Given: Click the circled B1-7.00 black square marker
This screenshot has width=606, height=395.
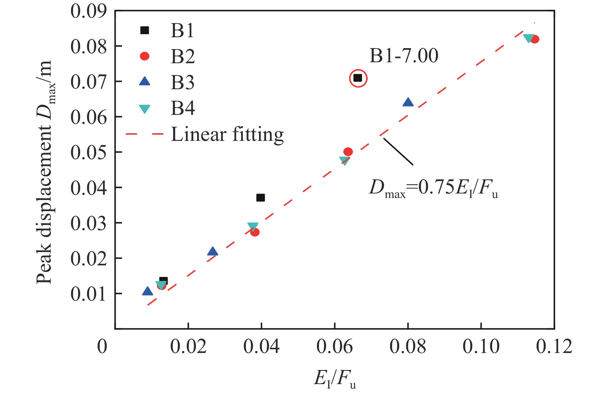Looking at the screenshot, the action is click(358, 78).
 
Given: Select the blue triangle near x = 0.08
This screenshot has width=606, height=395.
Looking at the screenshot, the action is click(408, 102).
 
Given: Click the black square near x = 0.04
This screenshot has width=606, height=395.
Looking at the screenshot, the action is click(261, 198).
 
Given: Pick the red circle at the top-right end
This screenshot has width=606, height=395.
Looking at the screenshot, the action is click(534, 39).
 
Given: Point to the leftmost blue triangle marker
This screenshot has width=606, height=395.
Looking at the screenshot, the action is click(147, 291).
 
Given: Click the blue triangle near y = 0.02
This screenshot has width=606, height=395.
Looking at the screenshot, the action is click(213, 252).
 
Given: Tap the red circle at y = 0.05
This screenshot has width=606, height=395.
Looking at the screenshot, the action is click(348, 152).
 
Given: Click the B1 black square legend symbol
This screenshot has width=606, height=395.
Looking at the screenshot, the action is click(145, 30).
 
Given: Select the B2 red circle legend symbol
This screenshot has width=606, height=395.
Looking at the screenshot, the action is click(145, 56).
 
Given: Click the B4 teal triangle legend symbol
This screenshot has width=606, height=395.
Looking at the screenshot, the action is click(145, 109).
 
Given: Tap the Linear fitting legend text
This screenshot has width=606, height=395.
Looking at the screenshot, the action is click(227, 135).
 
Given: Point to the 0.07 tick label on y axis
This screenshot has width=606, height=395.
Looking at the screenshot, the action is click(88, 82).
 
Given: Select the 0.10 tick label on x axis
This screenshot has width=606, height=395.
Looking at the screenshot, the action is click(481, 347).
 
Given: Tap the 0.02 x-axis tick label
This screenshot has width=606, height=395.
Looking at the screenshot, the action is click(188, 347).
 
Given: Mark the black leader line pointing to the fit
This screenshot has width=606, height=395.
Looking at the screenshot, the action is click(398, 151).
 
